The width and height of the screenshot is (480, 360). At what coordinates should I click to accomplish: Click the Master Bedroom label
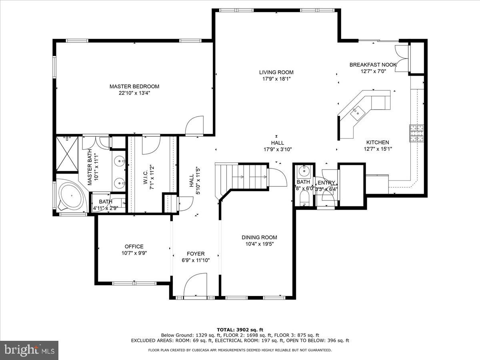point(134,86)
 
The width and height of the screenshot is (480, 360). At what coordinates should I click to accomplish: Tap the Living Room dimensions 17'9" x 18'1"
point(276,79)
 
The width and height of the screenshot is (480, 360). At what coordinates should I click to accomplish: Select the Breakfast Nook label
point(373,64)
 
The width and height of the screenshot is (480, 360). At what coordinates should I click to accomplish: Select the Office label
point(134,246)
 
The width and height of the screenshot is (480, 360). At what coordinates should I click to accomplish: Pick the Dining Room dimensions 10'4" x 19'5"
point(259,244)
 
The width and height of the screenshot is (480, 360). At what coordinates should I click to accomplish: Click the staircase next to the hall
point(241,176)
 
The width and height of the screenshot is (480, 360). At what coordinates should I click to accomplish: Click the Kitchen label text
point(377,142)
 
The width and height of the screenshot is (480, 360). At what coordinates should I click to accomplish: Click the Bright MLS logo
point(29,350)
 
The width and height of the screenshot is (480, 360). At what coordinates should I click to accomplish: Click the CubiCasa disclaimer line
point(240,350)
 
